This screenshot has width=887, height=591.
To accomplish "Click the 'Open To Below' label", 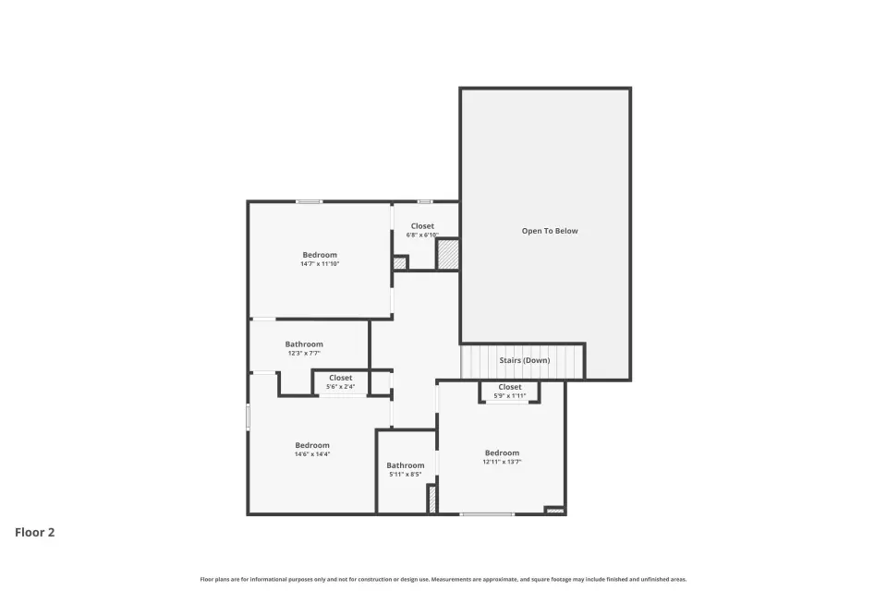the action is point(549,231).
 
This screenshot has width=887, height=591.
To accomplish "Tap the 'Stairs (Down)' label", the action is point(525,360).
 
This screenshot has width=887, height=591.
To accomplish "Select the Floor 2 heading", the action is point(34,532).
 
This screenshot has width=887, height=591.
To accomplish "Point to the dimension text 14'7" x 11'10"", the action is point(320,263).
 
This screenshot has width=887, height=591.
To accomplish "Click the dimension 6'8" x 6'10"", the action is point(422,235).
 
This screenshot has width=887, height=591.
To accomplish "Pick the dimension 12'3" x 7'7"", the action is point(304,353).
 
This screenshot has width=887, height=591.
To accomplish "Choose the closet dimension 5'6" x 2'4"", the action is point(341,387).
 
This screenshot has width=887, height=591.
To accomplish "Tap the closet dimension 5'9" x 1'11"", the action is point(510,396).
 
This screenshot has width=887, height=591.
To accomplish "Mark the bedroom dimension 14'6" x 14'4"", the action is point(312,454).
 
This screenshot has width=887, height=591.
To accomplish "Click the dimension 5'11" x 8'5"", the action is point(405,475).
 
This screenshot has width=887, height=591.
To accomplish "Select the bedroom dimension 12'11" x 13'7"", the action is point(502,462).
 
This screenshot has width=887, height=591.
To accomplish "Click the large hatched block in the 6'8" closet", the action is point(448,255).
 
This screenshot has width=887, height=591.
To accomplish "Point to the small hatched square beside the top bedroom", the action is point(400,263).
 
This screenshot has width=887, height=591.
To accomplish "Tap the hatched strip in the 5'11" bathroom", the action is point(432,500).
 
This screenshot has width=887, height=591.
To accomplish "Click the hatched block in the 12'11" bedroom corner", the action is point(555,511).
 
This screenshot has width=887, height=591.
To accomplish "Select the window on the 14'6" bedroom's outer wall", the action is point(248,416).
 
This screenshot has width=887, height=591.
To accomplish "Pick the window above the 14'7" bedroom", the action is point(309,202).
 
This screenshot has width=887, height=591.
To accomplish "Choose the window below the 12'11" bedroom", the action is point(487,514).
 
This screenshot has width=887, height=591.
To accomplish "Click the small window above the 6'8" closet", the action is point(425,202).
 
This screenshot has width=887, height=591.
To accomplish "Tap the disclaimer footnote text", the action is point(443,579).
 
